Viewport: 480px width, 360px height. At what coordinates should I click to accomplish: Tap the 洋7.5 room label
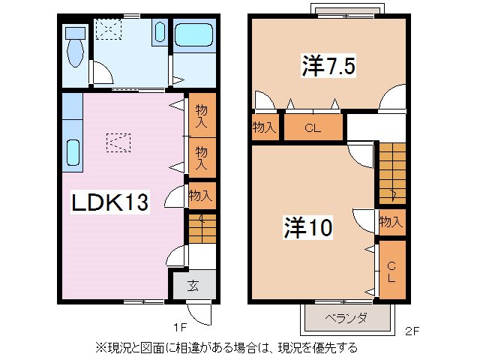(328, 67)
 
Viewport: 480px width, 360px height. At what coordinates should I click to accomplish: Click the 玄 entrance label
(193, 284)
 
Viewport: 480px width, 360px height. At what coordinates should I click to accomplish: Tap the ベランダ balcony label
(346, 318)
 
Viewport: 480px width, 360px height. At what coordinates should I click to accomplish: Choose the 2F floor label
(412, 329)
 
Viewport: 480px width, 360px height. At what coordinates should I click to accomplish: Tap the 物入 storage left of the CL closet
(264, 127)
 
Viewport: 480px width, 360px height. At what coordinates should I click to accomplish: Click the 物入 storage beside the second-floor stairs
(391, 221)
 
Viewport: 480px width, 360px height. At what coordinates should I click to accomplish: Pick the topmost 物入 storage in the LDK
(201, 115)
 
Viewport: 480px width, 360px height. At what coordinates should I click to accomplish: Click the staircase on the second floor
(390, 172)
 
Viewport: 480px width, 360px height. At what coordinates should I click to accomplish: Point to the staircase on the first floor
(200, 228)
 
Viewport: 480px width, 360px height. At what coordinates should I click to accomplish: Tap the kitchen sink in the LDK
(72, 153)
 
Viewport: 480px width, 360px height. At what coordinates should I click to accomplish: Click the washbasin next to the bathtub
(160, 32)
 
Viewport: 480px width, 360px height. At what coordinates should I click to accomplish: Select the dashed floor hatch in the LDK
(118, 142)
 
